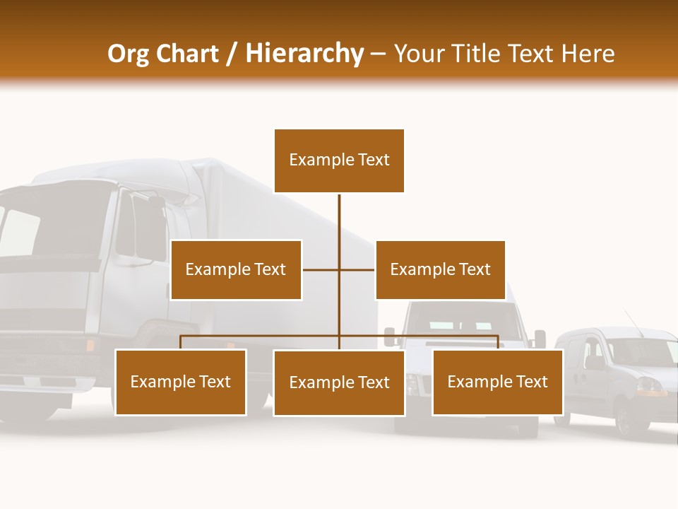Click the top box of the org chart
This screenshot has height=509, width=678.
[339, 160]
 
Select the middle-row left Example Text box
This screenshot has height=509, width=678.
[236, 269]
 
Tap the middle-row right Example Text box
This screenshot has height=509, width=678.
[440, 269]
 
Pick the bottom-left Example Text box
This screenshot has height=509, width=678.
[181, 382]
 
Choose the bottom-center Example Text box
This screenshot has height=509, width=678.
[339, 383]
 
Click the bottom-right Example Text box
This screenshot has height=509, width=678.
[497, 382]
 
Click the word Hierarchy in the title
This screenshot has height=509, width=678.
[304, 54]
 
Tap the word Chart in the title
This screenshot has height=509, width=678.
[188, 54]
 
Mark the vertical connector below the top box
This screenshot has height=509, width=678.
[339, 226]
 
